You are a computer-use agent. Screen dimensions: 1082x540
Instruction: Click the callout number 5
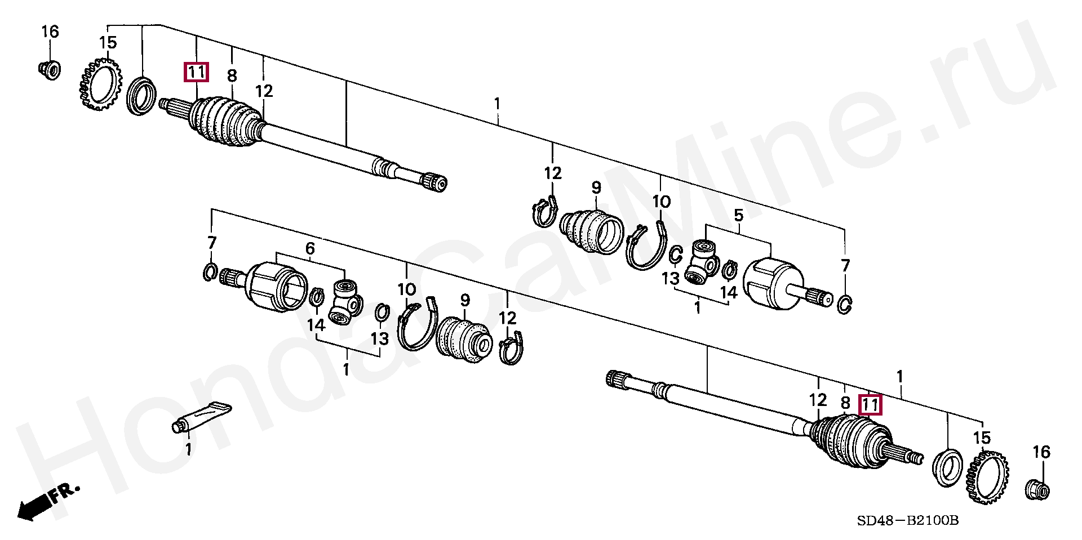click(x=738, y=215)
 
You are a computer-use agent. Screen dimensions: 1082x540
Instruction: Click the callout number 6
click(x=310, y=249)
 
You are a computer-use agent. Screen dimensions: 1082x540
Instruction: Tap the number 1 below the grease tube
click(x=188, y=449)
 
